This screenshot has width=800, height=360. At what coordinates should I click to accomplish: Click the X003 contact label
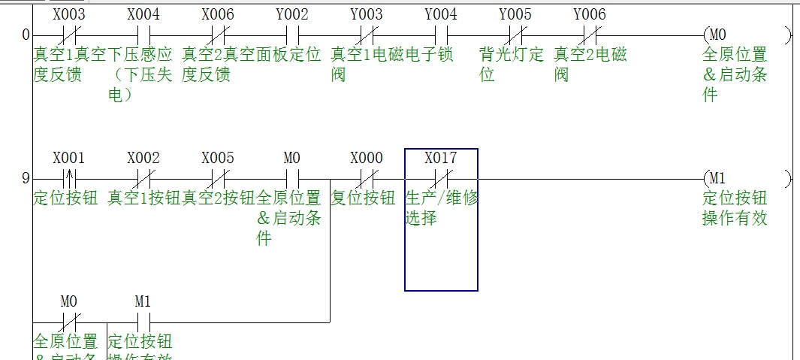(x=69, y=14)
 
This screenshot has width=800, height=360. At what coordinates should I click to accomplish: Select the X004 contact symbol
(x=143, y=35)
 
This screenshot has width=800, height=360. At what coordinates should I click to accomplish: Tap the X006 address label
(x=218, y=14)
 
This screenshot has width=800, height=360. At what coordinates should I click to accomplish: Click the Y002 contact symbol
(x=292, y=35)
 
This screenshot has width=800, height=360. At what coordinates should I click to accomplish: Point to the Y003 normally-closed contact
(x=367, y=35)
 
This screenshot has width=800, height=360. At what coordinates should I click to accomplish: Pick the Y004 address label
(x=441, y=14)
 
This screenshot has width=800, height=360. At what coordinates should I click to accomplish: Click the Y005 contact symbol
(x=515, y=35)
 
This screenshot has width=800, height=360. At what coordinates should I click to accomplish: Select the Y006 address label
(x=590, y=14)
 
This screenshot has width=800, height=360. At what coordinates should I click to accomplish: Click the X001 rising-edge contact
(x=69, y=179)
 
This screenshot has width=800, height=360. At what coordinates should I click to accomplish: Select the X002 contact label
(x=143, y=159)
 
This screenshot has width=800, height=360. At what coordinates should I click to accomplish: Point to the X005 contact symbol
(x=218, y=179)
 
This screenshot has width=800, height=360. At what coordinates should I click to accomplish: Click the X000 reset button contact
(x=367, y=179)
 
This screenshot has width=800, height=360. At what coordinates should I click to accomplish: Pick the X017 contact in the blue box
(x=441, y=179)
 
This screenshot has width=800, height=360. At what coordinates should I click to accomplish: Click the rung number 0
(x=26, y=35)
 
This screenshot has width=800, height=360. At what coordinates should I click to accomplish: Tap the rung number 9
(x=26, y=179)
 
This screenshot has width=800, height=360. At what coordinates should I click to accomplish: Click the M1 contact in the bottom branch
(x=143, y=322)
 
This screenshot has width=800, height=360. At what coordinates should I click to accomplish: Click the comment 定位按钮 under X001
(x=65, y=198)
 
